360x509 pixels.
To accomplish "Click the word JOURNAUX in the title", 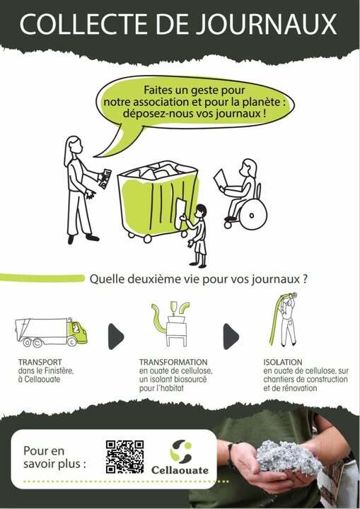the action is coord(267,24).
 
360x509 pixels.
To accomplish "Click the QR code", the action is coord(124,457).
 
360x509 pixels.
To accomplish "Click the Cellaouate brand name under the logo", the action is coord(180,470).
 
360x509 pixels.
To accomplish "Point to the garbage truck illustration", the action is coord(51,332).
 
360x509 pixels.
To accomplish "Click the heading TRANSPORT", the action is coord(40,362).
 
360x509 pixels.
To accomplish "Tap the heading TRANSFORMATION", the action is coord(173,362).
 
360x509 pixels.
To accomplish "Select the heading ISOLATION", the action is coord(283,362).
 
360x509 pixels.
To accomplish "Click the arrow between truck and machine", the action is coord(115,337).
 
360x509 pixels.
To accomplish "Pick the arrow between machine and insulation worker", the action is coord(231,337).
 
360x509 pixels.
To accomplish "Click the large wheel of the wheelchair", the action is coord(253,214).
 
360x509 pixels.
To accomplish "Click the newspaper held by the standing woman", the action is coord(105,178).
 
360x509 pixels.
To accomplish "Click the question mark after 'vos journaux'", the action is coord(304,279).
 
